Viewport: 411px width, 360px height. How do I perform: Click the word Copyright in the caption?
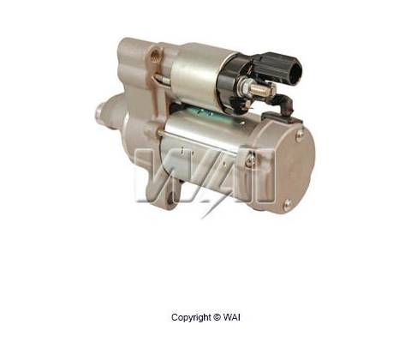pyautogui.click(x=192, y=318)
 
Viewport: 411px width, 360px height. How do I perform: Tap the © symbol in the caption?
pyautogui.click(x=217, y=317)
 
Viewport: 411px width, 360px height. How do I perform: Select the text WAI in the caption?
pyautogui.click(x=232, y=317)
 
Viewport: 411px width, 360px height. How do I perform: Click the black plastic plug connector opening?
pyautogui.click(x=295, y=69)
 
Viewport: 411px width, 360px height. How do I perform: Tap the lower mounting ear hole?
pyautogui.click(x=170, y=198)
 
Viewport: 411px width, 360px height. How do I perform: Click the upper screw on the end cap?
pyautogui.click(x=300, y=134)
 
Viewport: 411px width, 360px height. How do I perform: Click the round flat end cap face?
pyautogui.click(x=293, y=169)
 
